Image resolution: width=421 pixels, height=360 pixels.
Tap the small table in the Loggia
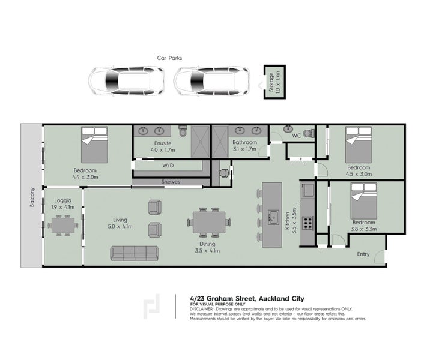(x=64, y=226)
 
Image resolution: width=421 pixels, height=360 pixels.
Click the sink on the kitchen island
(x=273, y=216)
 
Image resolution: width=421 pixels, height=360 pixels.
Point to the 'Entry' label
(x=363, y=254)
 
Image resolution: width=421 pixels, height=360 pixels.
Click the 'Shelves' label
(x=171, y=182)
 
